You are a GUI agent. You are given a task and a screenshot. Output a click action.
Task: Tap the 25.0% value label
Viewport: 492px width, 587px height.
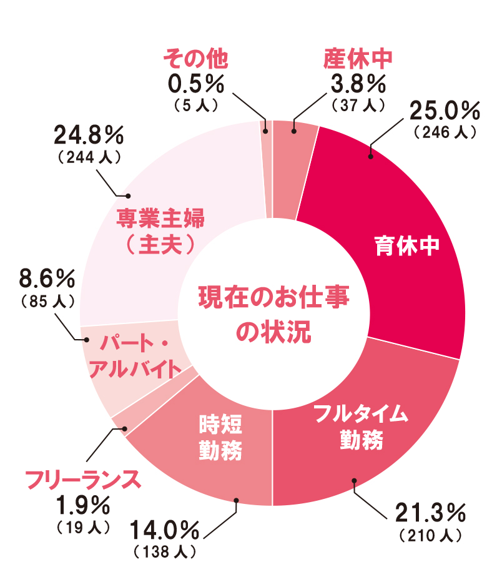[x=444, y=111]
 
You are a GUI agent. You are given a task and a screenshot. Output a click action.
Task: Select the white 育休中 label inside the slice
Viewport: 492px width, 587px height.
[x=406, y=245]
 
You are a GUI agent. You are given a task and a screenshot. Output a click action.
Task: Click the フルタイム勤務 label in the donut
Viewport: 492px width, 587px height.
[x=361, y=427]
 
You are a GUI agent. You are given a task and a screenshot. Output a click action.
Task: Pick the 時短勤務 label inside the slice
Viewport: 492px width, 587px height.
[x=220, y=437]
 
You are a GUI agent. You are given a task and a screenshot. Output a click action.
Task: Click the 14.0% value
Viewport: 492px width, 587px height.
[x=165, y=531]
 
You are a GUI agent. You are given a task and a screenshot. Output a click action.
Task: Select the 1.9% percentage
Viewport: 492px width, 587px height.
[x=82, y=503]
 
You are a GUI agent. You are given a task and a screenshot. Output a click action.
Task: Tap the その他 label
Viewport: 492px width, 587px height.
[x=194, y=59]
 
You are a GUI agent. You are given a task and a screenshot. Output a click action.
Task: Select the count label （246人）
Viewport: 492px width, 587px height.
[x=445, y=132]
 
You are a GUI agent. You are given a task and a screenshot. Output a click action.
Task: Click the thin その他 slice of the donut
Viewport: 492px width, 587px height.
[x=265, y=169]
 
